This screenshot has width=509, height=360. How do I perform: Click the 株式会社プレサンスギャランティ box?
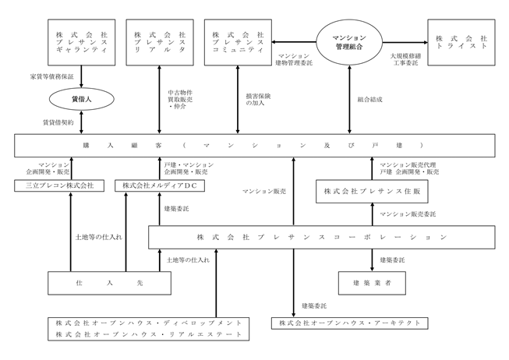[x=82, y=42]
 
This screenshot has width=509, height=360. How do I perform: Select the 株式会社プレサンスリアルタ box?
[x=160, y=42]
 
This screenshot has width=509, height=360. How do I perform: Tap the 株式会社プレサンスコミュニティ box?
[x=238, y=42]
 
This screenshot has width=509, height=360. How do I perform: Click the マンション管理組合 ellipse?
[x=349, y=42]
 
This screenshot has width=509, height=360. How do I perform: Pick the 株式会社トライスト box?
[x=461, y=42]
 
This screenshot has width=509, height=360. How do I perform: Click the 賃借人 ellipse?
[x=82, y=99]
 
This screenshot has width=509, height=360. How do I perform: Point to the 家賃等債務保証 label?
[x=52, y=76]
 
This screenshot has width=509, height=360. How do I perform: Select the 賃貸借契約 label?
[x=58, y=122]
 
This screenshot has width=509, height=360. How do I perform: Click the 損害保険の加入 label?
[x=258, y=99]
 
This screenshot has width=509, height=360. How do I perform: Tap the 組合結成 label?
[x=369, y=99]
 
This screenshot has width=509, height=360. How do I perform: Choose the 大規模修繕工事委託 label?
[x=406, y=59]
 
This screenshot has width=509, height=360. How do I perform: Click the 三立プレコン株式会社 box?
[x=59, y=185]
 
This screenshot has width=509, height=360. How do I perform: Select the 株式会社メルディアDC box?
[x=160, y=185]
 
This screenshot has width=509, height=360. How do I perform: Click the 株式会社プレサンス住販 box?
[x=372, y=192]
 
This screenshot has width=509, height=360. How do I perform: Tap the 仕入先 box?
[x=109, y=283]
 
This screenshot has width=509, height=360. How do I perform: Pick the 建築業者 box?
[x=372, y=283]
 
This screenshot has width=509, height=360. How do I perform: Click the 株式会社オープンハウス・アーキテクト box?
[x=350, y=323]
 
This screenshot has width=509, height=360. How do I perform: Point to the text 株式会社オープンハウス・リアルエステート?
[x=149, y=334]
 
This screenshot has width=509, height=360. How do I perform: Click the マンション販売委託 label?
[x=408, y=214]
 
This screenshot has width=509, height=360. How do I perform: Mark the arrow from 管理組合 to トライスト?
[x=405, y=42]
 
